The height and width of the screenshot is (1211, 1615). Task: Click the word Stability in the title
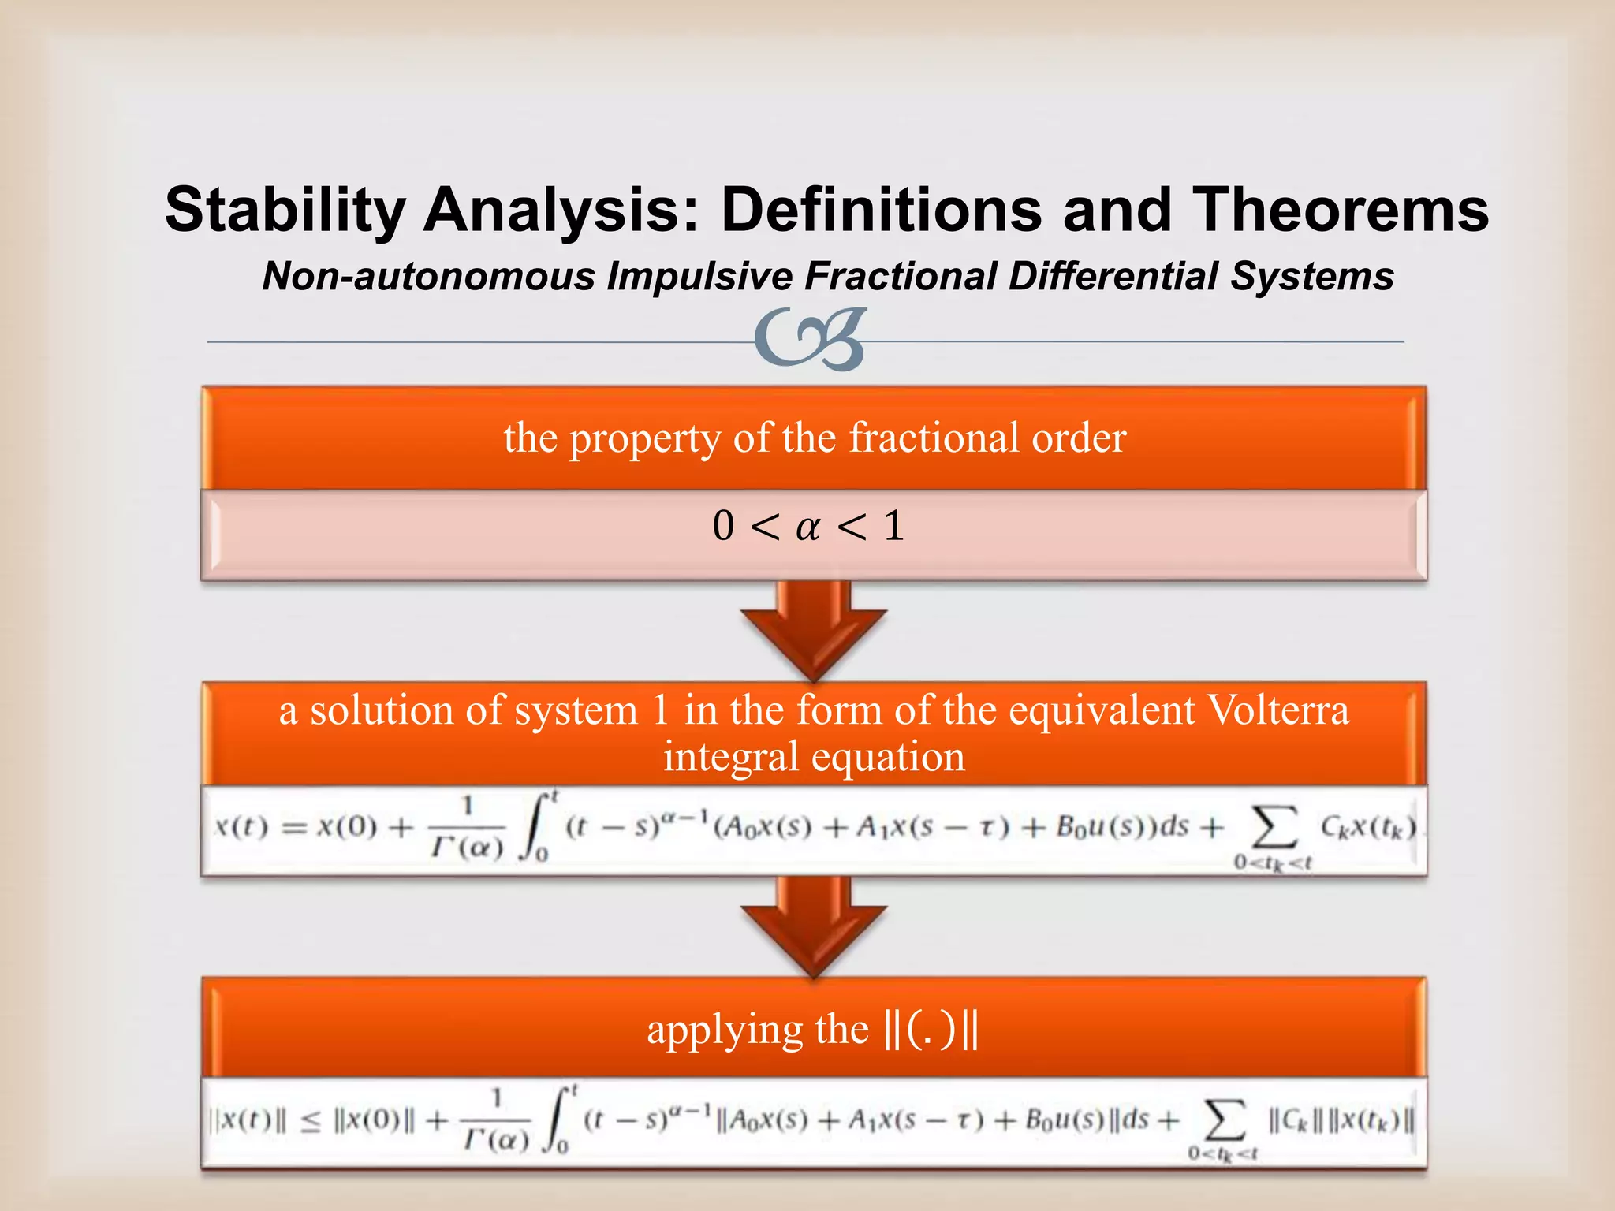[x=285, y=211]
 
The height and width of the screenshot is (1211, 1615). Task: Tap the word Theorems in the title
[x=1340, y=211]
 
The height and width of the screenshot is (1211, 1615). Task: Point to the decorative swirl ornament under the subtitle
[x=810, y=340]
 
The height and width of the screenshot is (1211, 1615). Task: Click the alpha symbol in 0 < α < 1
[x=807, y=527]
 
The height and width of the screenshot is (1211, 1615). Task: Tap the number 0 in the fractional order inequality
[x=723, y=526]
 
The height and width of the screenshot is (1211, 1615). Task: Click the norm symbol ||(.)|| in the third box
[x=931, y=1029]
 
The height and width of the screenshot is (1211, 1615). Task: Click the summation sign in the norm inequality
[x=1223, y=1120]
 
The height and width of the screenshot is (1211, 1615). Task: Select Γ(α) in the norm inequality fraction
[x=496, y=1140]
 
